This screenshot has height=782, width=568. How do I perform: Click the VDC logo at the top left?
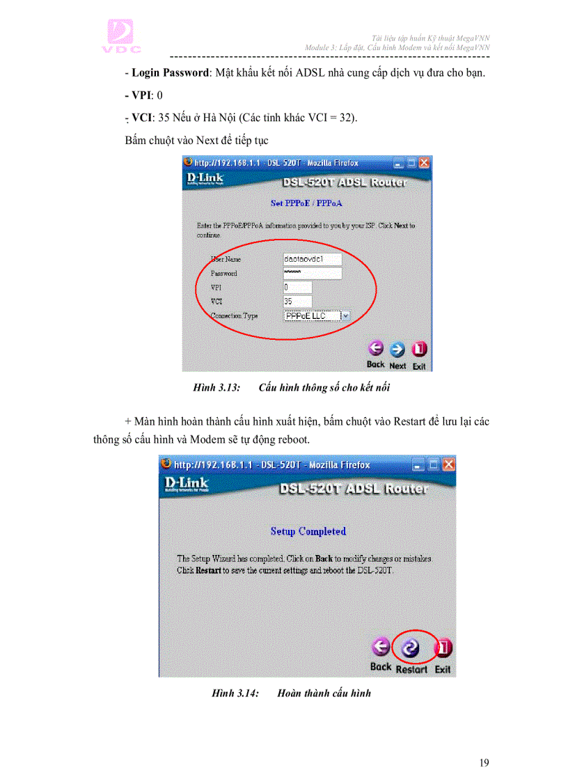click(x=123, y=36)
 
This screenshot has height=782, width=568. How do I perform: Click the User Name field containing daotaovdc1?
click(x=313, y=259)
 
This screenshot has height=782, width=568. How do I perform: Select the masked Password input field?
click(x=313, y=273)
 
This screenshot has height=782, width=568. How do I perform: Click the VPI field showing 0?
click(x=297, y=287)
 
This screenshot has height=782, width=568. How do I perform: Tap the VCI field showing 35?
click(x=297, y=302)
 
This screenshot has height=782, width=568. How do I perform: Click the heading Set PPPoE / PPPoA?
click(x=306, y=203)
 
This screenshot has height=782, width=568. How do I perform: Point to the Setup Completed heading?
click(x=308, y=531)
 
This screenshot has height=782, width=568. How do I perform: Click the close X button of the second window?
click(x=448, y=464)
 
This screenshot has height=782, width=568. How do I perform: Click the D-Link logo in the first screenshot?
click(x=205, y=180)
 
